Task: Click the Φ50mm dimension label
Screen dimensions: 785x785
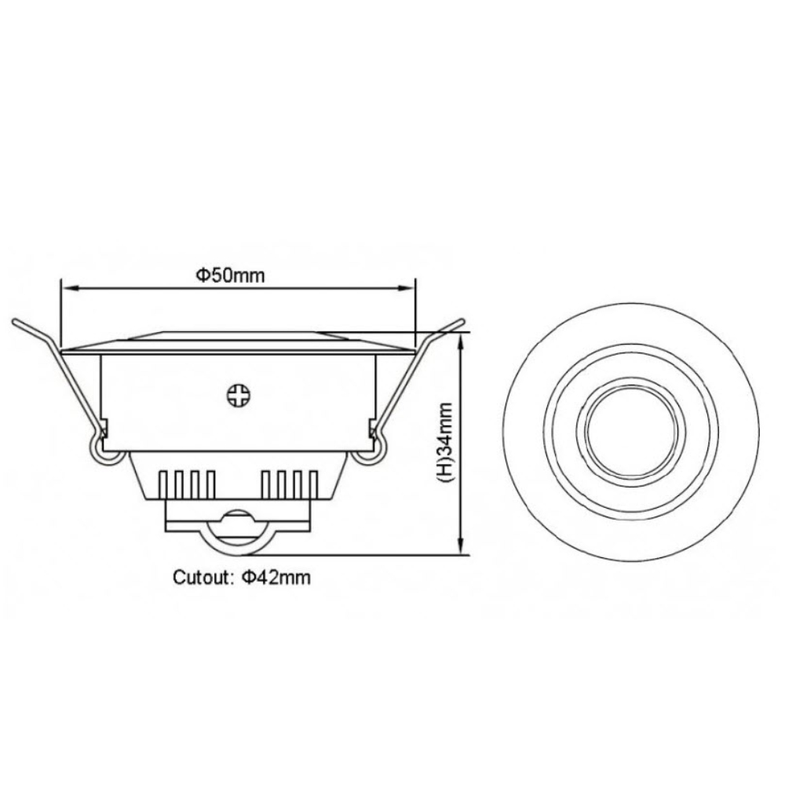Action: (230, 275)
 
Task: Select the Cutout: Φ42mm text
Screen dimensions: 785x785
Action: (242, 579)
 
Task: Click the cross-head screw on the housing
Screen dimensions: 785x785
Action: (236, 394)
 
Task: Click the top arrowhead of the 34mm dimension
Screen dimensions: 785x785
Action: (461, 338)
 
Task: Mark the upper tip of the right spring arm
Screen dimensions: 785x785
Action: (462, 321)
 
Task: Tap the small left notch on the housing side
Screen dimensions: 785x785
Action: (104, 428)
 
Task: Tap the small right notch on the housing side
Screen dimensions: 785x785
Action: (370, 428)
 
